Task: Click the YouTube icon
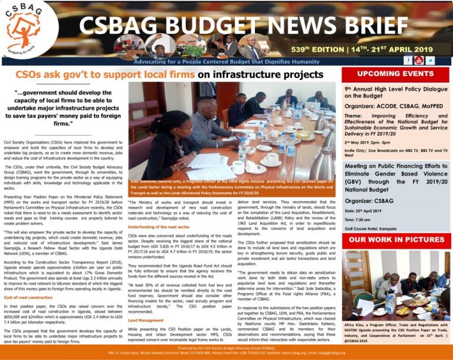tap(419, 60)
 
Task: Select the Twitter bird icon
tap(431, 60)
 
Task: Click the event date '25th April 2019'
tap(365, 211)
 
